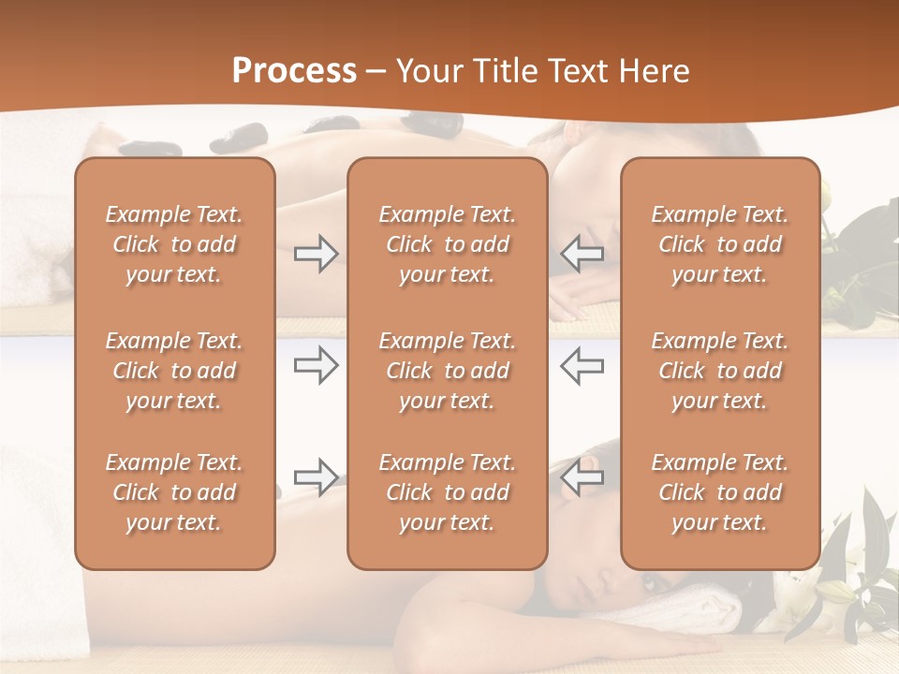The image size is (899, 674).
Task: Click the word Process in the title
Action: pyautogui.click(x=294, y=71)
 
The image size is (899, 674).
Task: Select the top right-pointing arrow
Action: pyautogui.click(x=316, y=254)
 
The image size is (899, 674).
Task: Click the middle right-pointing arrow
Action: pyautogui.click(x=316, y=364)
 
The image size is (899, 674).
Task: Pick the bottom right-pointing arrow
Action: pyautogui.click(x=316, y=477)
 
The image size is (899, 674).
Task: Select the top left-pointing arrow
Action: pyautogui.click(x=582, y=254)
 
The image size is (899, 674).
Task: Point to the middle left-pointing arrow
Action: pyautogui.click(x=582, y=364)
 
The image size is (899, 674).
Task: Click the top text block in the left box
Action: pyautogui.click(x=174, y=244)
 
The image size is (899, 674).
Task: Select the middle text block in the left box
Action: pyautogui.click(x=174, y=371)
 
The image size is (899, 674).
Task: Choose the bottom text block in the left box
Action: pyautogui.click(x=174, y=492)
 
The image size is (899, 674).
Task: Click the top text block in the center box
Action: pyautogui.click(x=448, y=244)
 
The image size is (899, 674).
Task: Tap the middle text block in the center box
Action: pyautogui.click(x=448, y=371)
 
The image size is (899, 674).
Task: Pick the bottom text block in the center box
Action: pyautogui.click(x=448, y=492)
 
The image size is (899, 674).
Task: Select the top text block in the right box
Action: pyautogui.click(x=720, y=244)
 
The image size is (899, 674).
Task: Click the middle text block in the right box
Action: pyautogui.click(x=720, y=371)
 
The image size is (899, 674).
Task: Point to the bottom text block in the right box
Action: pyautogui.click(x=720, y=492)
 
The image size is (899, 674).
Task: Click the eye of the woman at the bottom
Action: pyautogui.click(x=650, y=582)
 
